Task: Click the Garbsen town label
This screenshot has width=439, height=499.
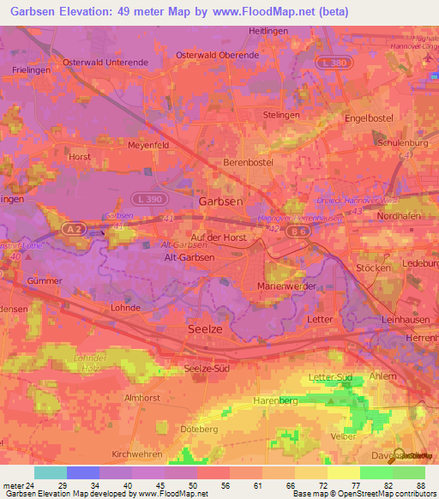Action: (221, 200)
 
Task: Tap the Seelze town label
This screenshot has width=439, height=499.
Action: (205, 329)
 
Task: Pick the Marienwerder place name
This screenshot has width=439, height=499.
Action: (287, 286)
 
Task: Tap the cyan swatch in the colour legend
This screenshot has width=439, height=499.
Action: (50, 473)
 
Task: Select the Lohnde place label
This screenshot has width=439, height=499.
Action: (125, 307)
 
